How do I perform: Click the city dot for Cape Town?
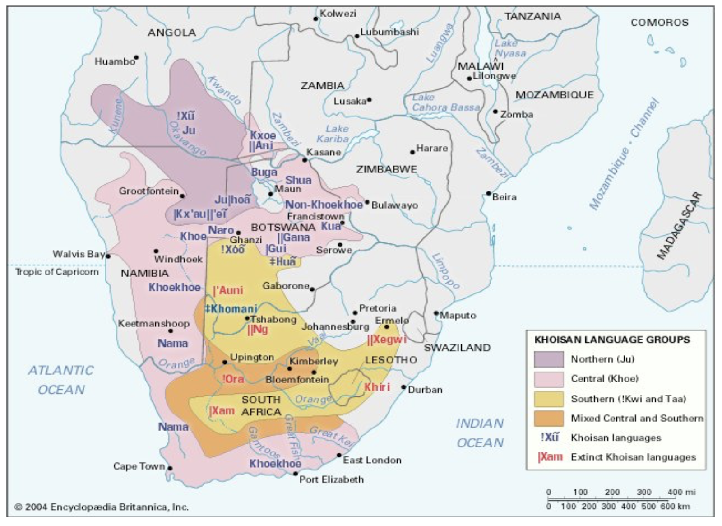(x=170, y=468)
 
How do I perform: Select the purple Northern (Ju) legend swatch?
(x=549, y=359)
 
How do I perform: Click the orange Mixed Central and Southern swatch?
(x=549, y=418)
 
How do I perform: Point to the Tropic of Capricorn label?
(x=57, y=272)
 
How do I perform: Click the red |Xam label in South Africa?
(x=222, y=411)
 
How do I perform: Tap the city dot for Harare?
(x=412, y=152)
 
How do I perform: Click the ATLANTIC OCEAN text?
(x=61, y=380)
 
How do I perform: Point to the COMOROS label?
(x=659, y=23)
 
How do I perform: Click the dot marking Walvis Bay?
(x=108, y=256)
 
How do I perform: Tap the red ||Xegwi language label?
(x=387, y=340)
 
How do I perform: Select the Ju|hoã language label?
(x=232, y=200)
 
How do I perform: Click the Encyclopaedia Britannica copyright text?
(x=102, y=507)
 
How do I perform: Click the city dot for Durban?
(x=404, y=387)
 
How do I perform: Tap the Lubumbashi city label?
(x=389, y=32)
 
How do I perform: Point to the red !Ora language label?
(x=233, y=379)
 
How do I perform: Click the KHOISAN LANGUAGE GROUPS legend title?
(x=612, y=340)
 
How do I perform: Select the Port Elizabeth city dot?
(x=296, y=474)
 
